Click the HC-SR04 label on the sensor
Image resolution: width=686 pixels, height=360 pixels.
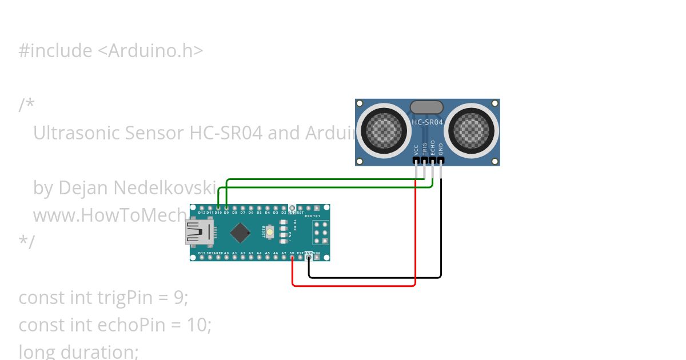[x=428, y=122]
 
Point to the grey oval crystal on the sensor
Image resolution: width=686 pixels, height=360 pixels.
[x=427, y=107]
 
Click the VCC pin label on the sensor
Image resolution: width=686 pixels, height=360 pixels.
[x=416, y=150]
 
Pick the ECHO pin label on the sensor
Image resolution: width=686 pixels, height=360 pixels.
[x=433, y=148]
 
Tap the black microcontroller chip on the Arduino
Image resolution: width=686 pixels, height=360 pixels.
[x=240, y=233]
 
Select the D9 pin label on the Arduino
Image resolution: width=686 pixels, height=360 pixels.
[x=226, y=213]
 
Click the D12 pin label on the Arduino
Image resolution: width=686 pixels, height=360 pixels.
[x=202, y=213]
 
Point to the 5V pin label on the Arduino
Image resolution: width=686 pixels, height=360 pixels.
[x=292, y=253]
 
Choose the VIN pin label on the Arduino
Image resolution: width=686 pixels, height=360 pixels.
[x=317, y=253]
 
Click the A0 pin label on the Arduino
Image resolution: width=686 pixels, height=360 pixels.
[x=226, y=253]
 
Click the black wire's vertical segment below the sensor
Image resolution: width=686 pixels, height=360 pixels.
[x=441, y=229]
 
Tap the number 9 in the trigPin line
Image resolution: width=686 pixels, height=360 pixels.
[x=180, y=298]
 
